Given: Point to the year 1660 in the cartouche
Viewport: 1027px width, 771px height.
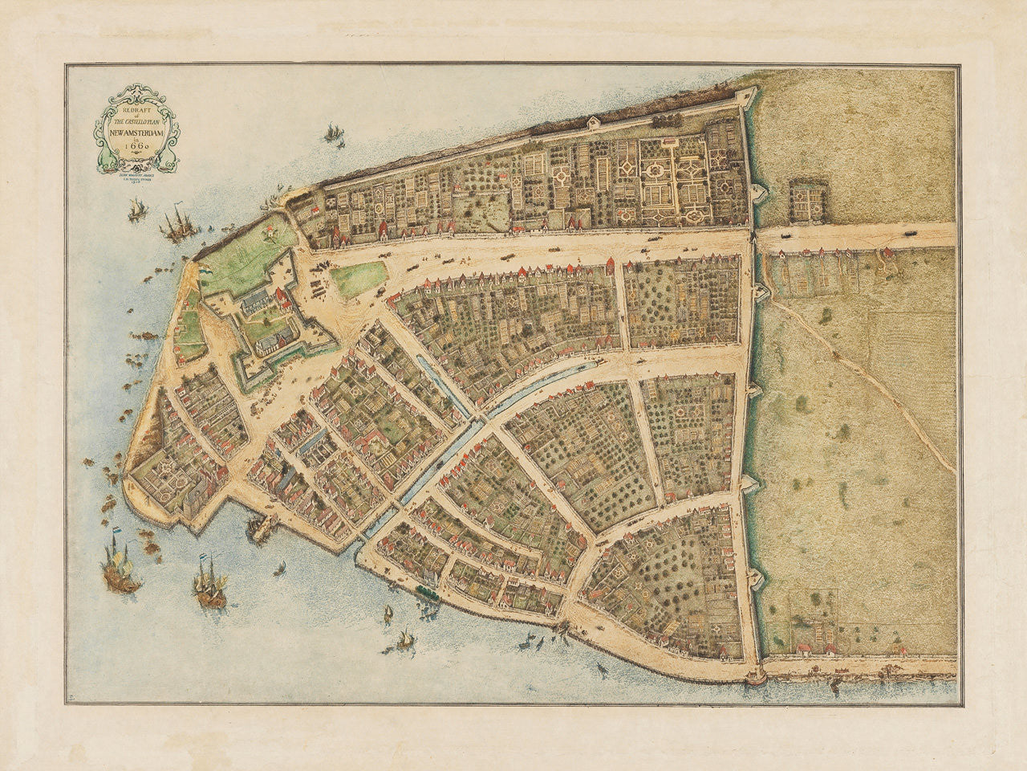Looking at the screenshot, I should [132, 146].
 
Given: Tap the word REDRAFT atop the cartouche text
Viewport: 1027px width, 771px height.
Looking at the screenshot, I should [132, 105].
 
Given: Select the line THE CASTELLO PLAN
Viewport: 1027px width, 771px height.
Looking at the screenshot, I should [133, 119].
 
